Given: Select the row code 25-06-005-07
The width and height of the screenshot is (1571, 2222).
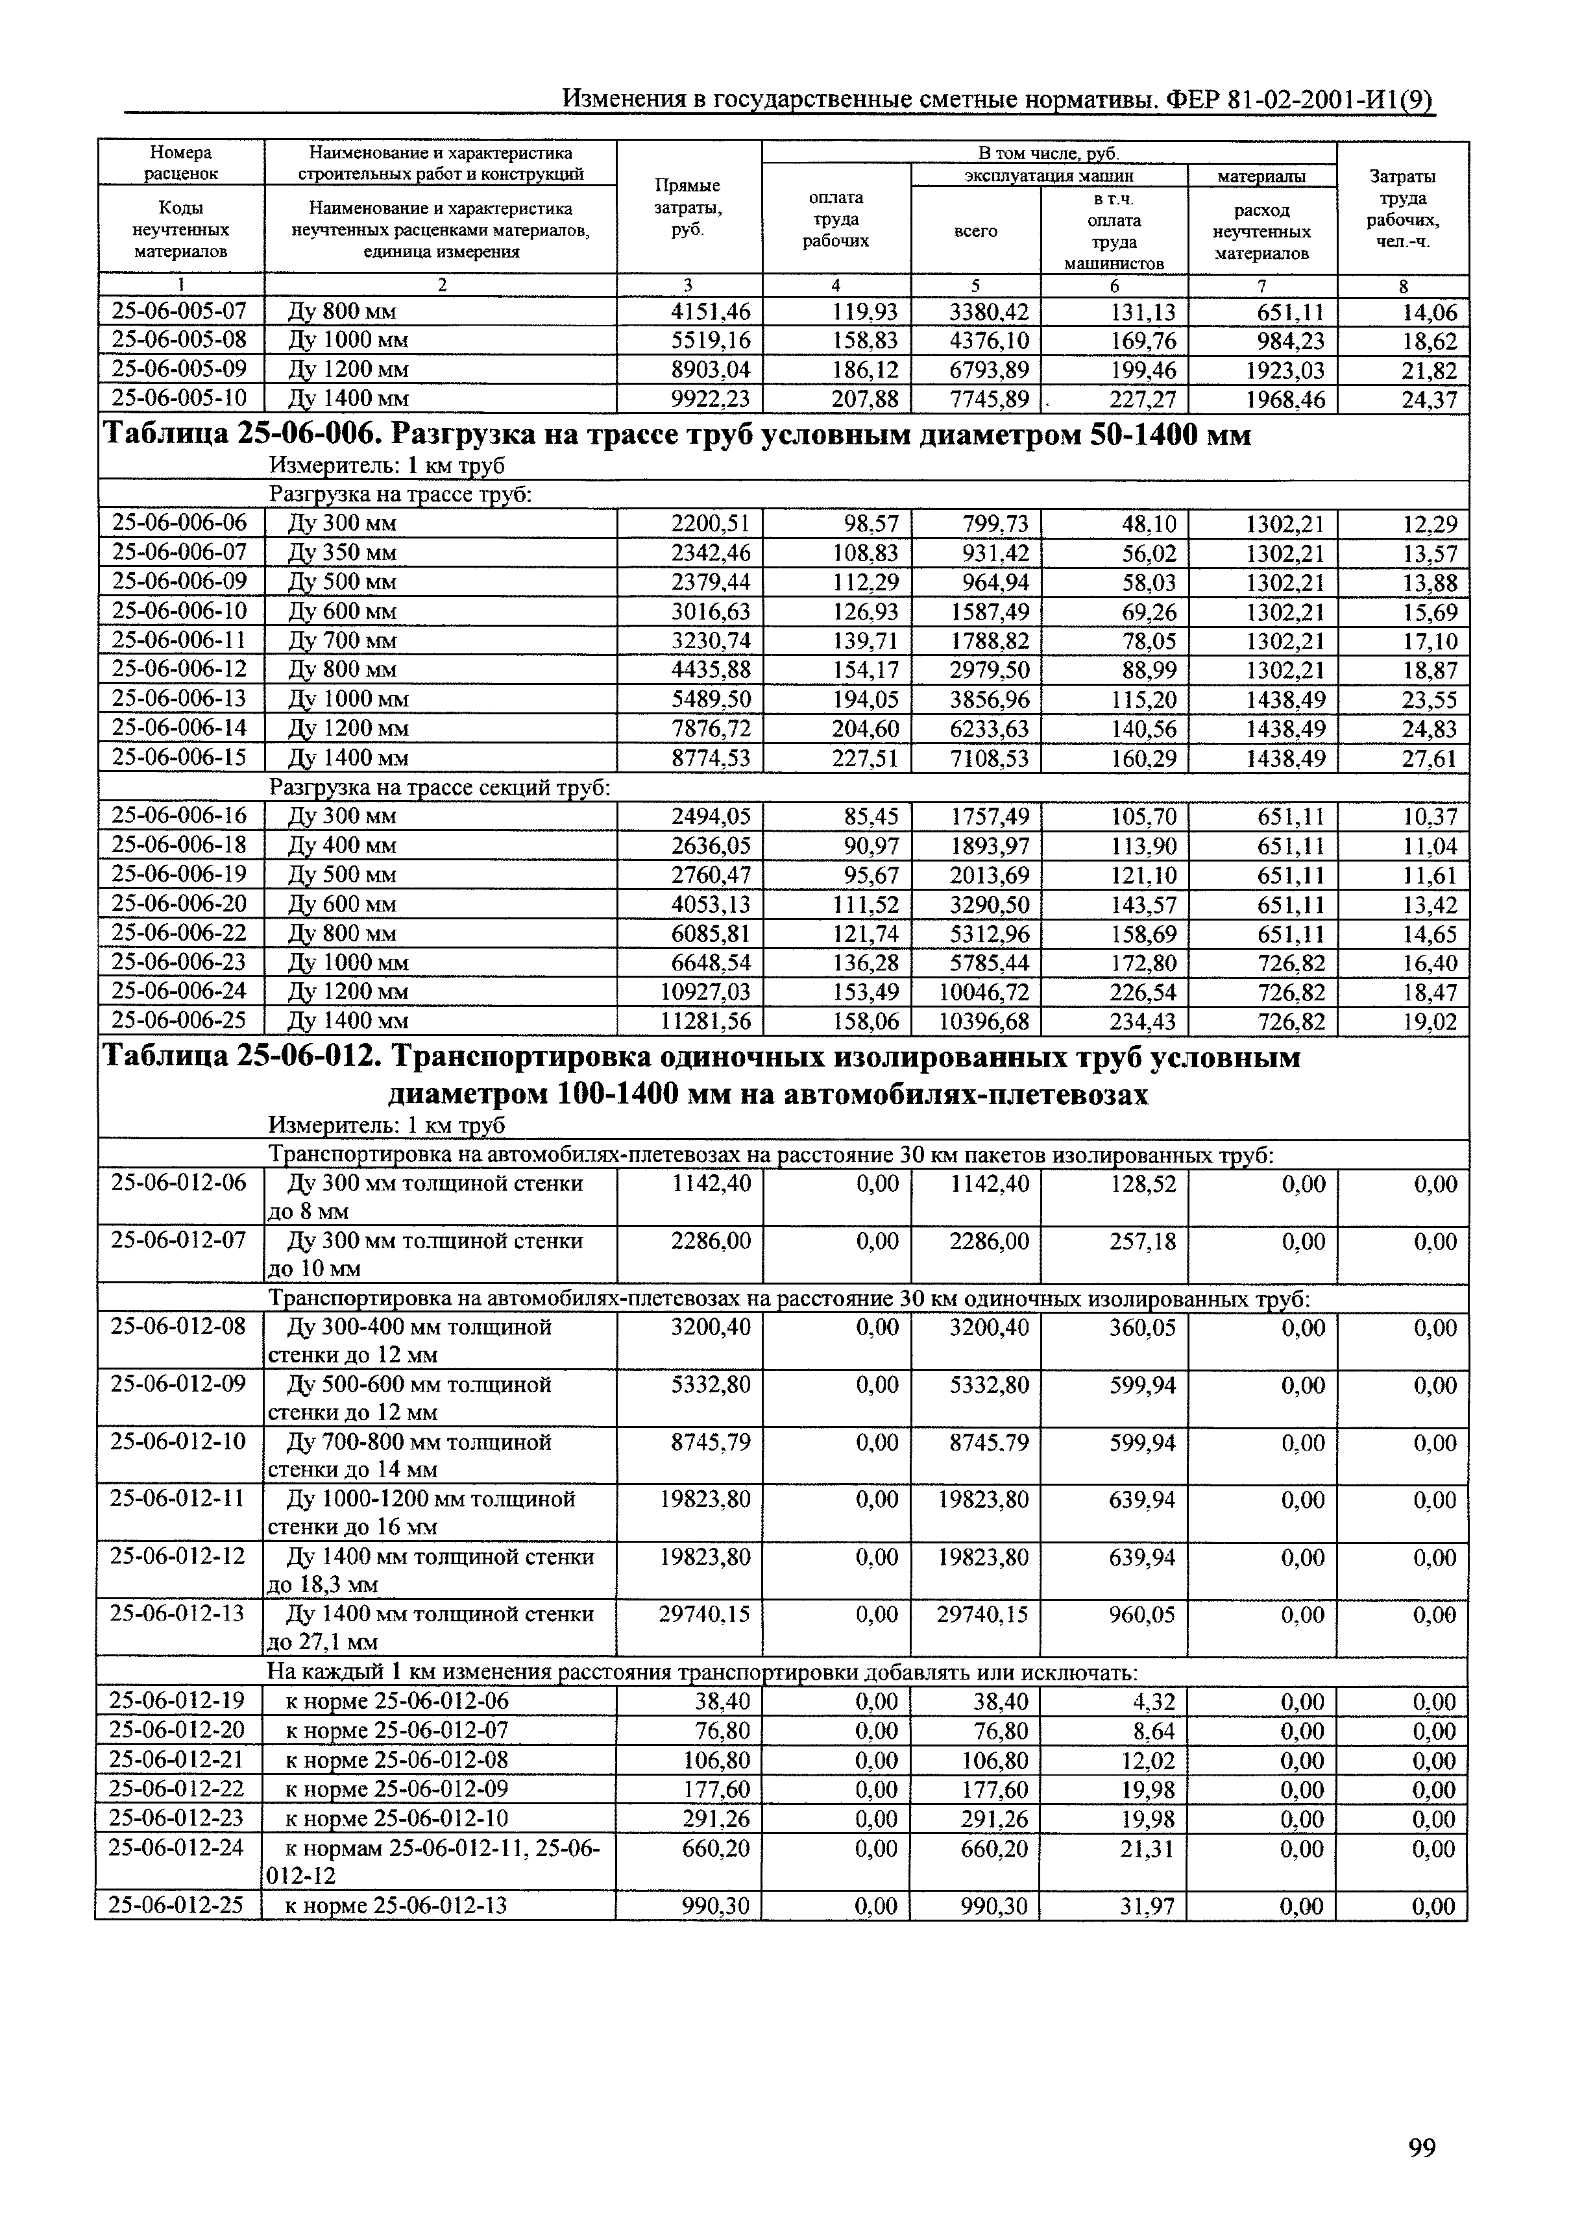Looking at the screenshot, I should click(x=180, y=311).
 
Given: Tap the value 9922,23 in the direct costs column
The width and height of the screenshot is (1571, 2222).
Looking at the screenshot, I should click(x=711, y=399).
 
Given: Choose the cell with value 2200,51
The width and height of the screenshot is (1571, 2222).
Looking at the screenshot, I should click(x=711, y=524).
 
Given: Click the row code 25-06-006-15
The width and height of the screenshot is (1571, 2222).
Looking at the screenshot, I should click(x=180, y=757).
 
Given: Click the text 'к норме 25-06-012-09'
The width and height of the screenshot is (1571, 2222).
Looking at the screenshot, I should click(x=397, y=1789).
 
